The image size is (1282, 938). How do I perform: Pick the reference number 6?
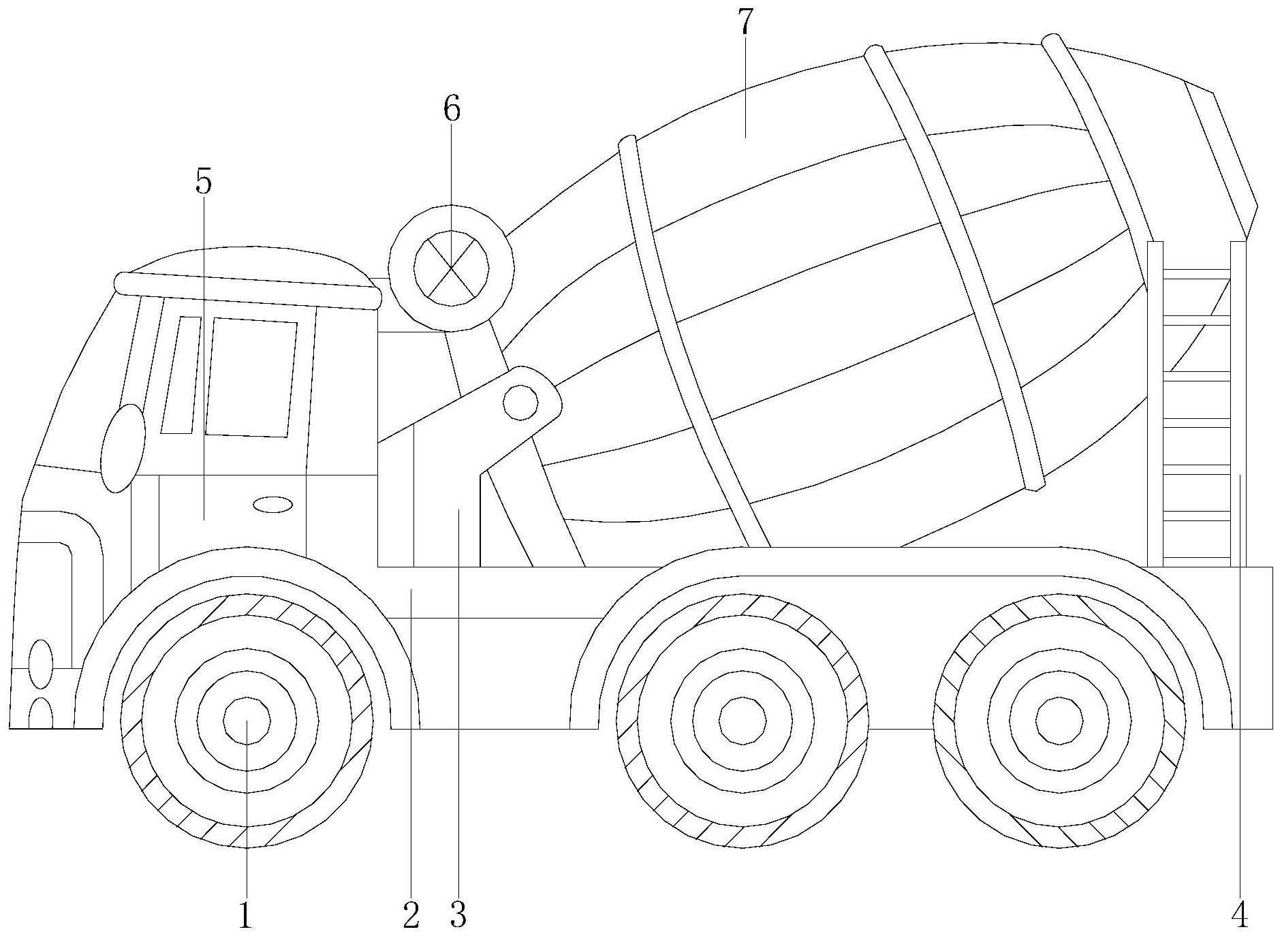(x=452, y=108)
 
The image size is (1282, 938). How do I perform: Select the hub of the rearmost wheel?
(x=1059, y=721)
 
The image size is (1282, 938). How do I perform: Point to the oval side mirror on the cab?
(x=123, y=448)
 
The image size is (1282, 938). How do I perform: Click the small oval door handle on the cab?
(x=272, y=505)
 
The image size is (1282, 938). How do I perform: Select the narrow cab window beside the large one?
(x=181, y=375)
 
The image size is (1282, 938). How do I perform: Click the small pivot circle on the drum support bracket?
(x=520, y=401)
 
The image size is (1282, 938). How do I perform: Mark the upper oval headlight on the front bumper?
(x=40, y=663)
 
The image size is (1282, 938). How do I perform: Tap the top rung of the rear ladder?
(x=1196, y=275)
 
